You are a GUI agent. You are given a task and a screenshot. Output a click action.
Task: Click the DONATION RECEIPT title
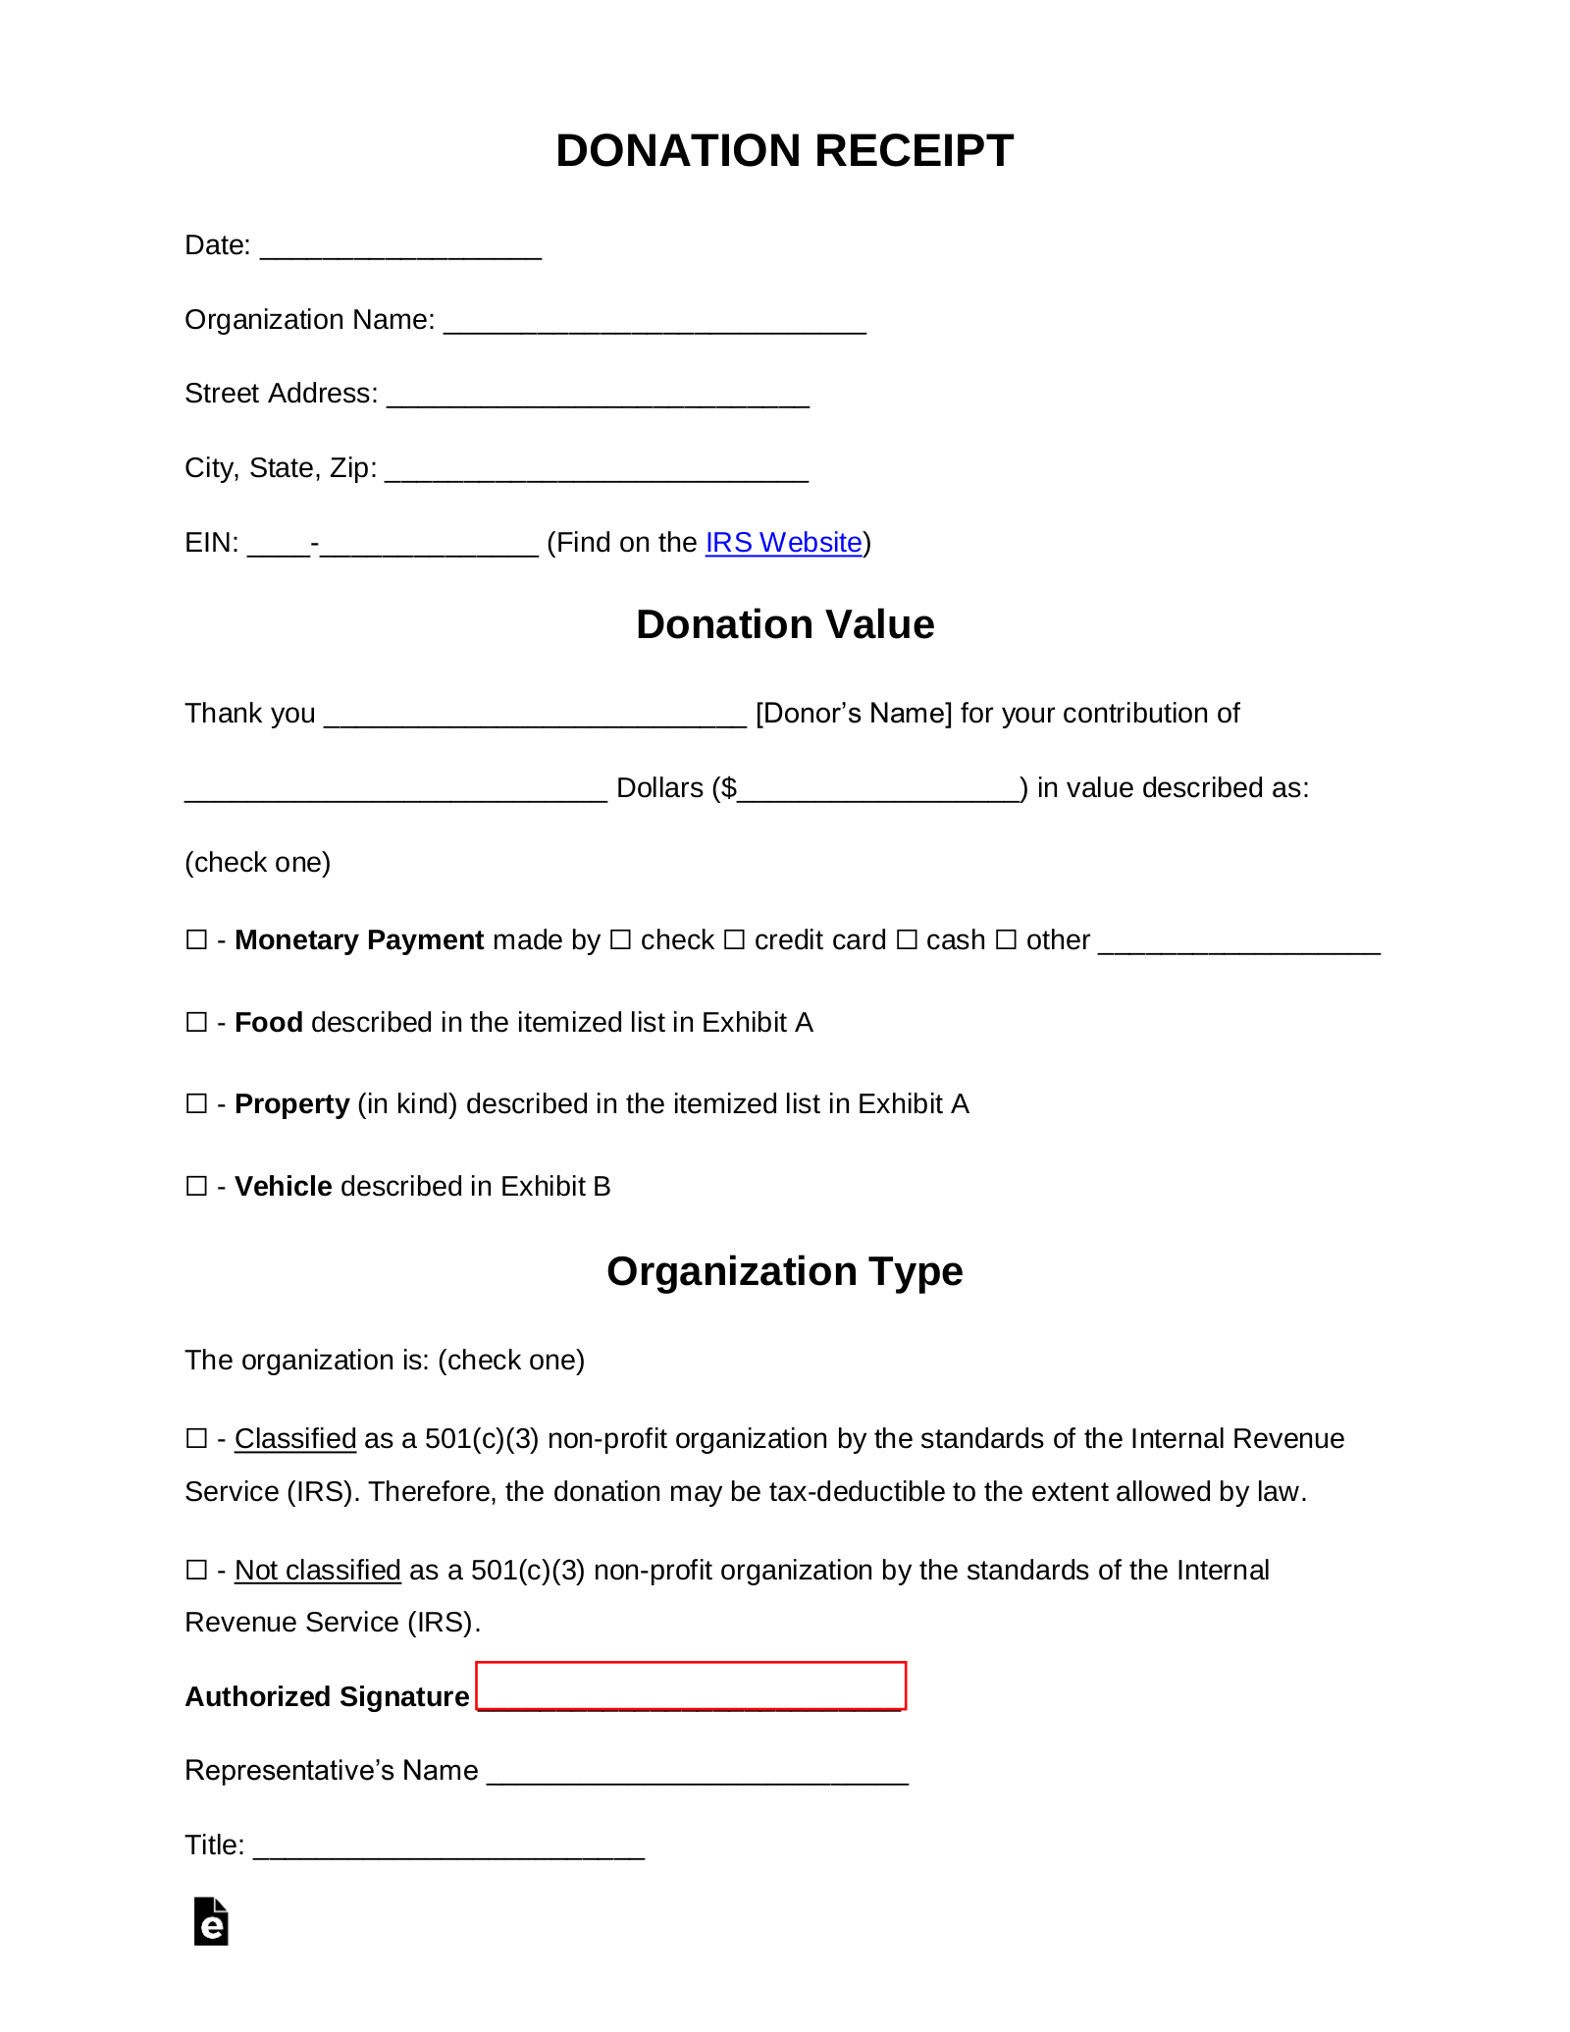coord(784,151)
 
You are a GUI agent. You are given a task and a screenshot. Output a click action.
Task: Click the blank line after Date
coord(400,247)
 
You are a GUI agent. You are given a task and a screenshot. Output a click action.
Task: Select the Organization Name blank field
coord(654,322)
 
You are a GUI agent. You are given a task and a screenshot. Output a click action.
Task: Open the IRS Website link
coord(783,543)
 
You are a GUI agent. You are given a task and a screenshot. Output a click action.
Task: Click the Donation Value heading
coord(785,625)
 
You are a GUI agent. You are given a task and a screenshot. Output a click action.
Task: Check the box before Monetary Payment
coord(196,940)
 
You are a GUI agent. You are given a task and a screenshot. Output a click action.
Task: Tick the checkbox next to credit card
coord(734,940)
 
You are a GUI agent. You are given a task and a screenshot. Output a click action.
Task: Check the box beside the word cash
coord(907,940)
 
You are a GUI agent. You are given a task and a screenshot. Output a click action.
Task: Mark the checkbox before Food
coord(196,1023)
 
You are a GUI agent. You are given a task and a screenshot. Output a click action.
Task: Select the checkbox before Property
coord(196,1104)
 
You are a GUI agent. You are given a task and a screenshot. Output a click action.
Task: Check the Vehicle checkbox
coord(196,1187)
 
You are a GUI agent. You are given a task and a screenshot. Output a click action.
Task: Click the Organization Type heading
coord(785,1272)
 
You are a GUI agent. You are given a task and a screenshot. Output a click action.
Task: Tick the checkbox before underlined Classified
coord(196,1439)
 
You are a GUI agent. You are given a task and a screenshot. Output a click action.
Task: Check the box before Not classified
coord(196,1571)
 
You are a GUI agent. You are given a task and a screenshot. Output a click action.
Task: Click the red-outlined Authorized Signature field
coord(691,1686)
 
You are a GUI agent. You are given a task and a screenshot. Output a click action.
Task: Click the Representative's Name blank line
coord(698,1773)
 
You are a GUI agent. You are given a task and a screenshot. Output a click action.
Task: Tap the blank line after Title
coord(448,1847)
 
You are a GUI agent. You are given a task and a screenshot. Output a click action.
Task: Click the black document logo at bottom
coord(211,1922)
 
